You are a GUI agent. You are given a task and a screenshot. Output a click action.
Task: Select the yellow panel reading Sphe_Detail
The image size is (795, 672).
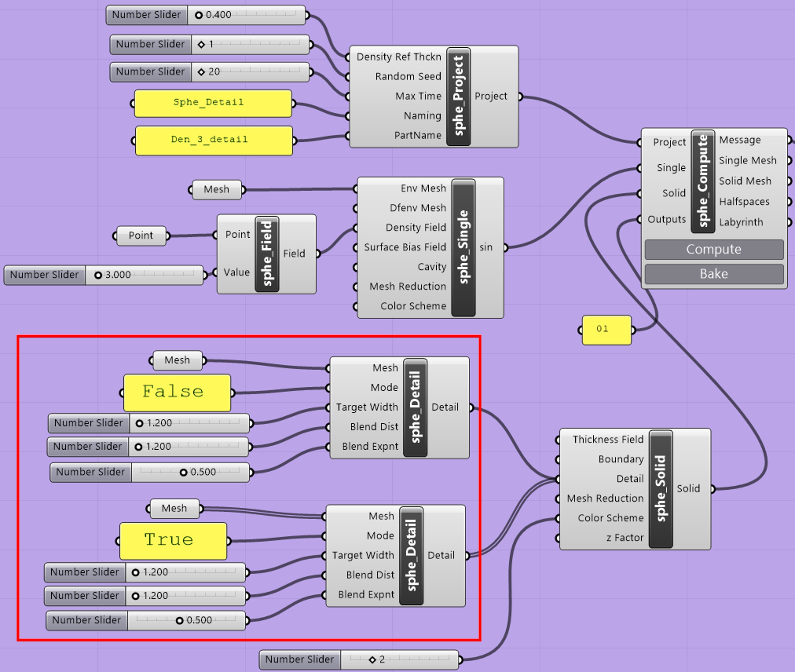pos(213,103)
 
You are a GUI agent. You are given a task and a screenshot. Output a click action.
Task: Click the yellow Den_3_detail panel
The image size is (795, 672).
pos(214,140)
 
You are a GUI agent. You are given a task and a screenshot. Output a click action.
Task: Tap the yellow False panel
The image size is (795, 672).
pos(177,392)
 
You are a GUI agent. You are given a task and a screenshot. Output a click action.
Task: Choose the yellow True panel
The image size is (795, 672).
pos(173,540)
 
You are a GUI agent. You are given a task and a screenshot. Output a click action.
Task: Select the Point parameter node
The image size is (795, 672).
pos(141,235)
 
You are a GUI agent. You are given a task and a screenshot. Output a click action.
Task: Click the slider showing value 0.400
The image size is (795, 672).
pos(246,15)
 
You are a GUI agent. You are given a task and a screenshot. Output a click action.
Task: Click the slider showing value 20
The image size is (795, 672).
pos(250,72)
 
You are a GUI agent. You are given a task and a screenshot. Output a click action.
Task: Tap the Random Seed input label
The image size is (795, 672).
pos(408,76)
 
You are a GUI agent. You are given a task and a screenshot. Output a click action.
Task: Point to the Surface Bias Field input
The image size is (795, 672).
pos(405,247)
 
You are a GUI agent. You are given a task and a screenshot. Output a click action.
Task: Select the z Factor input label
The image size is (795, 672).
pos(625,538)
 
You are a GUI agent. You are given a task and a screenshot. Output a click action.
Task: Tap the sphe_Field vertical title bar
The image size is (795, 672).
pos(267,254)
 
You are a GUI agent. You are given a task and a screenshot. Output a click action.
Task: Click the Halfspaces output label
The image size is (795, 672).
pos(744,201)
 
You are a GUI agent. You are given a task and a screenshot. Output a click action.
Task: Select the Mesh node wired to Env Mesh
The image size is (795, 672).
pos(216,190)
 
